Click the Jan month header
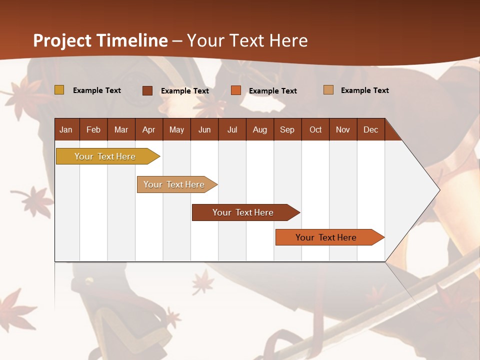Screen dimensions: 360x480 66,129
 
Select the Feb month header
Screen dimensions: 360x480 93,129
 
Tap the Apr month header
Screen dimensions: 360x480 149,129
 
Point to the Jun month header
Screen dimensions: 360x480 204,129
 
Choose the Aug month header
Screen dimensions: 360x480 260,129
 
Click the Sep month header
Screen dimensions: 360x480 287,129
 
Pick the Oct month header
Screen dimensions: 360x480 315,129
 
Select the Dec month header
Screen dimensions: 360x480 371,129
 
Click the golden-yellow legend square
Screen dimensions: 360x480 59,90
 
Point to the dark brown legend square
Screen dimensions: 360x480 147,90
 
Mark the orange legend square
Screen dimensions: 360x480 236,90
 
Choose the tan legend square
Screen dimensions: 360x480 328,90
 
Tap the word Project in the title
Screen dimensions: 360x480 62,40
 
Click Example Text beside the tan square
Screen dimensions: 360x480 364,90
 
